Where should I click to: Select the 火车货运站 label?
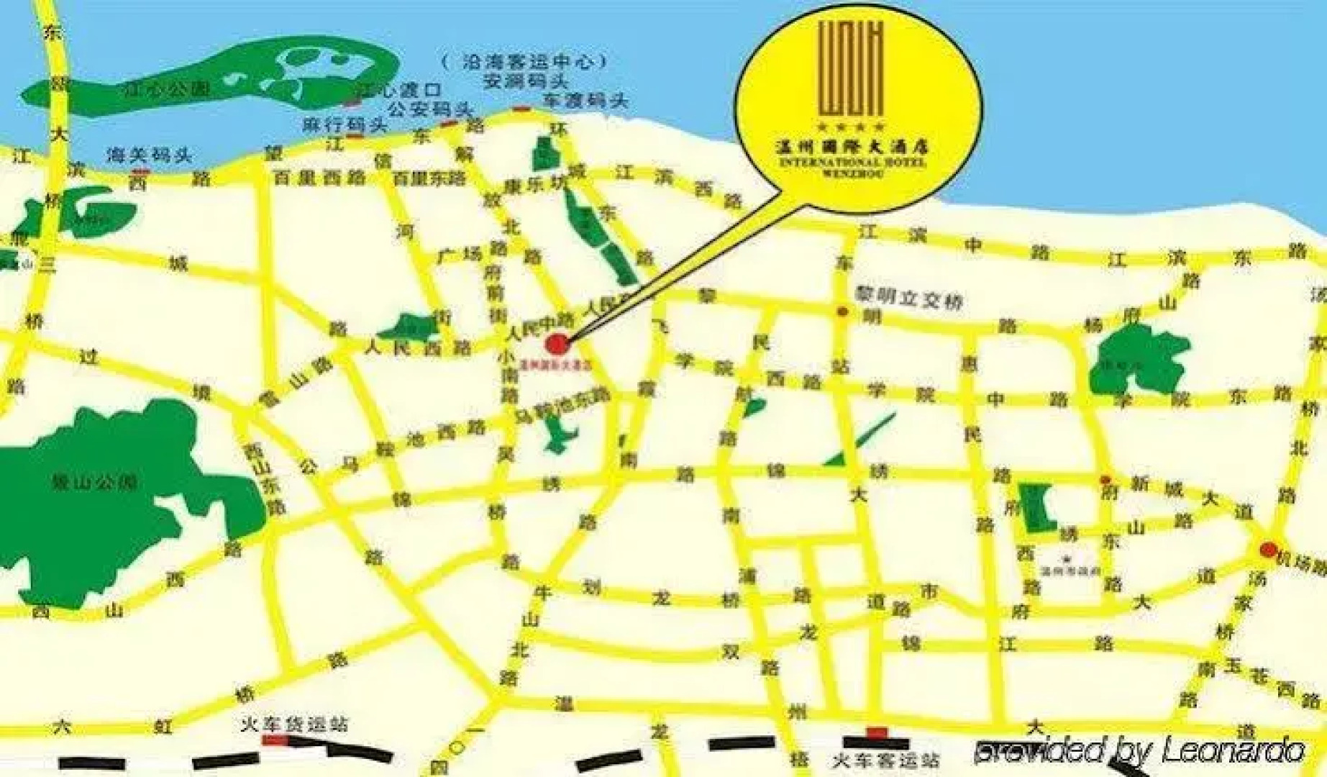tap(295, 724)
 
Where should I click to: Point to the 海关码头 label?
tap(149, 155)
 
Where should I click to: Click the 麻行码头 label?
tap(345, 124)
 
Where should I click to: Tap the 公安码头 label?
tap(429, 109)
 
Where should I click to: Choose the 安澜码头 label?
tap(526, 81)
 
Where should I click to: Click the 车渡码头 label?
tap(585, 101)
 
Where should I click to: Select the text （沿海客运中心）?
tap(524, 61)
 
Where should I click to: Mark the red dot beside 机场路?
tap(1268, 550)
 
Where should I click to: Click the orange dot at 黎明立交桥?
tap(842, 312)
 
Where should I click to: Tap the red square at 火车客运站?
tap(876, 733)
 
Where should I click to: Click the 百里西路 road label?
tap(319, 178)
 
